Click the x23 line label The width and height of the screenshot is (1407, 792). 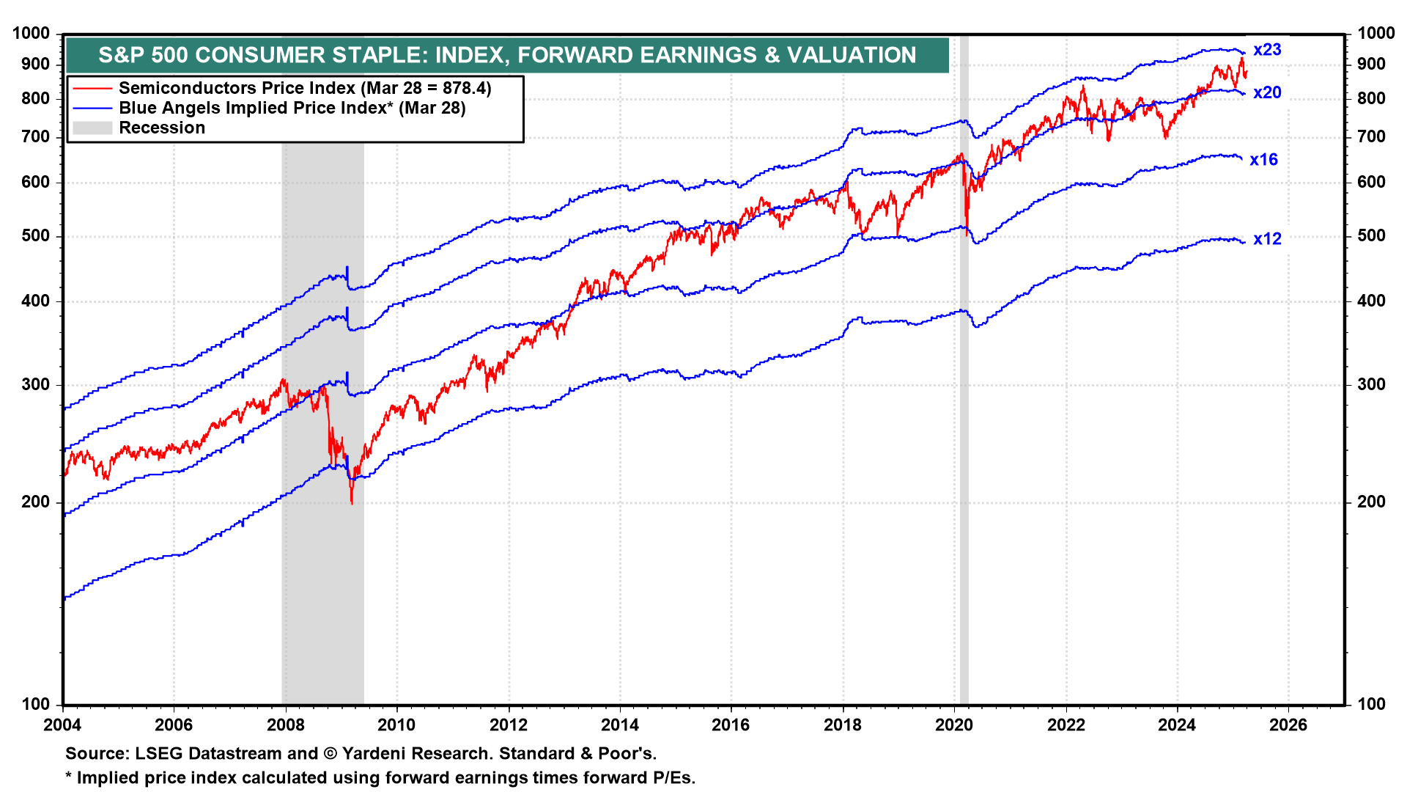[1267, 50]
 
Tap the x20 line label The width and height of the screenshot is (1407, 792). [1267, 92]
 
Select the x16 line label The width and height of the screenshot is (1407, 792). [1263, 160]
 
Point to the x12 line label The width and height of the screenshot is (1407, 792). [1267, 239]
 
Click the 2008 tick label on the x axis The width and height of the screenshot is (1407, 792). [286, 725]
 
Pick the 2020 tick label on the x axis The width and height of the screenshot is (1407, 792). [954, 725]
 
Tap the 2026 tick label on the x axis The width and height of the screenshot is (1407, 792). [1288, 725]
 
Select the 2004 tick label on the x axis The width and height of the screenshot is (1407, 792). [63, 725]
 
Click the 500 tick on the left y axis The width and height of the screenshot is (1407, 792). [36, 236]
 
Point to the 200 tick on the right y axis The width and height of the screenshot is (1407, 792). [1371, 502]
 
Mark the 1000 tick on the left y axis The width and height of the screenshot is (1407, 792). [32, 34]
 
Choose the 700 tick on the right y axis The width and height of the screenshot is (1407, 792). [1371, 137]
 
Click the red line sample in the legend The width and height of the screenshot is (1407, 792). [92, 88]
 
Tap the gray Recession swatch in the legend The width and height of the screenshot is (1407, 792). [92, 128]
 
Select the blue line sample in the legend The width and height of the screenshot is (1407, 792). [92, 109]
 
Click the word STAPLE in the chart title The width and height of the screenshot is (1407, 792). [379, 55]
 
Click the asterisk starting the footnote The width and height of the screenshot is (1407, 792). [69, 777]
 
